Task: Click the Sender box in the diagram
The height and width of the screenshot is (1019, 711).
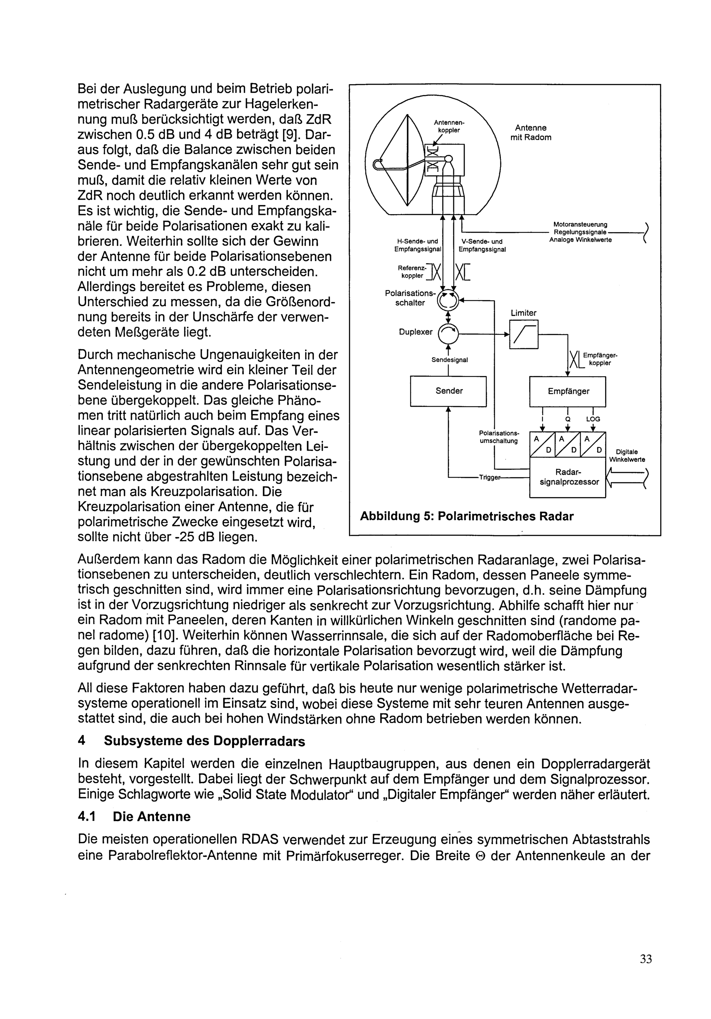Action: tap(448, 391)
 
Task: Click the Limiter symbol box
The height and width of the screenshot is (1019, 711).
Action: tap(523, 335)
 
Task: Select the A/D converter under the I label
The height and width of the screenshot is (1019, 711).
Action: tap(542, 444)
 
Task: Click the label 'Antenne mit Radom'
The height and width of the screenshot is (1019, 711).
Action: tap(530, 133)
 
